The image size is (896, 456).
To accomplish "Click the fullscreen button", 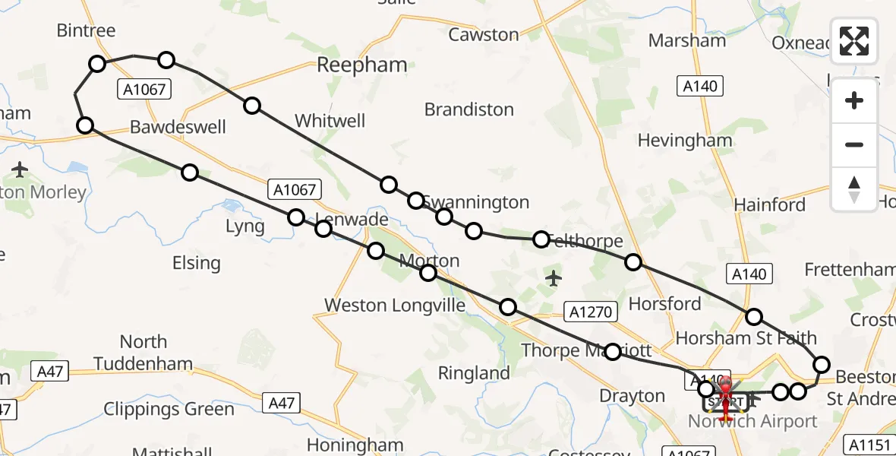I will click(854, 41).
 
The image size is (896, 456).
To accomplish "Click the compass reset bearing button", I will click(854, 189).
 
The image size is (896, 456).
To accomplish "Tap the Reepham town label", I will click(362, 65).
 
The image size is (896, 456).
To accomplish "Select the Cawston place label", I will click(484, 34).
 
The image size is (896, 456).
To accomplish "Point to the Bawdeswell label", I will click(178, 126).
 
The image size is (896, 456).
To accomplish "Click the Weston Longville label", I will click(394, 305).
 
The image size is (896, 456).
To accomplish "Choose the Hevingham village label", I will click(685, 141).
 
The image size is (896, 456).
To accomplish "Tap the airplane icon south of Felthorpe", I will click(554, 279).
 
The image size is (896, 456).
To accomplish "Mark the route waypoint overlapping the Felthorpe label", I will click(541, 239).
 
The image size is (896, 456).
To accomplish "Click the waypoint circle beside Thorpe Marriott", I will click(613, 351).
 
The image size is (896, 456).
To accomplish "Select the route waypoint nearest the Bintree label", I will click(97, 64).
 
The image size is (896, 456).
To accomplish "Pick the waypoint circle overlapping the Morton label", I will click(429, 273).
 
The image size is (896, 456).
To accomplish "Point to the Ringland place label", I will click(475, 373).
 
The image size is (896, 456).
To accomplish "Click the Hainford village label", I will click(769, 204).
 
